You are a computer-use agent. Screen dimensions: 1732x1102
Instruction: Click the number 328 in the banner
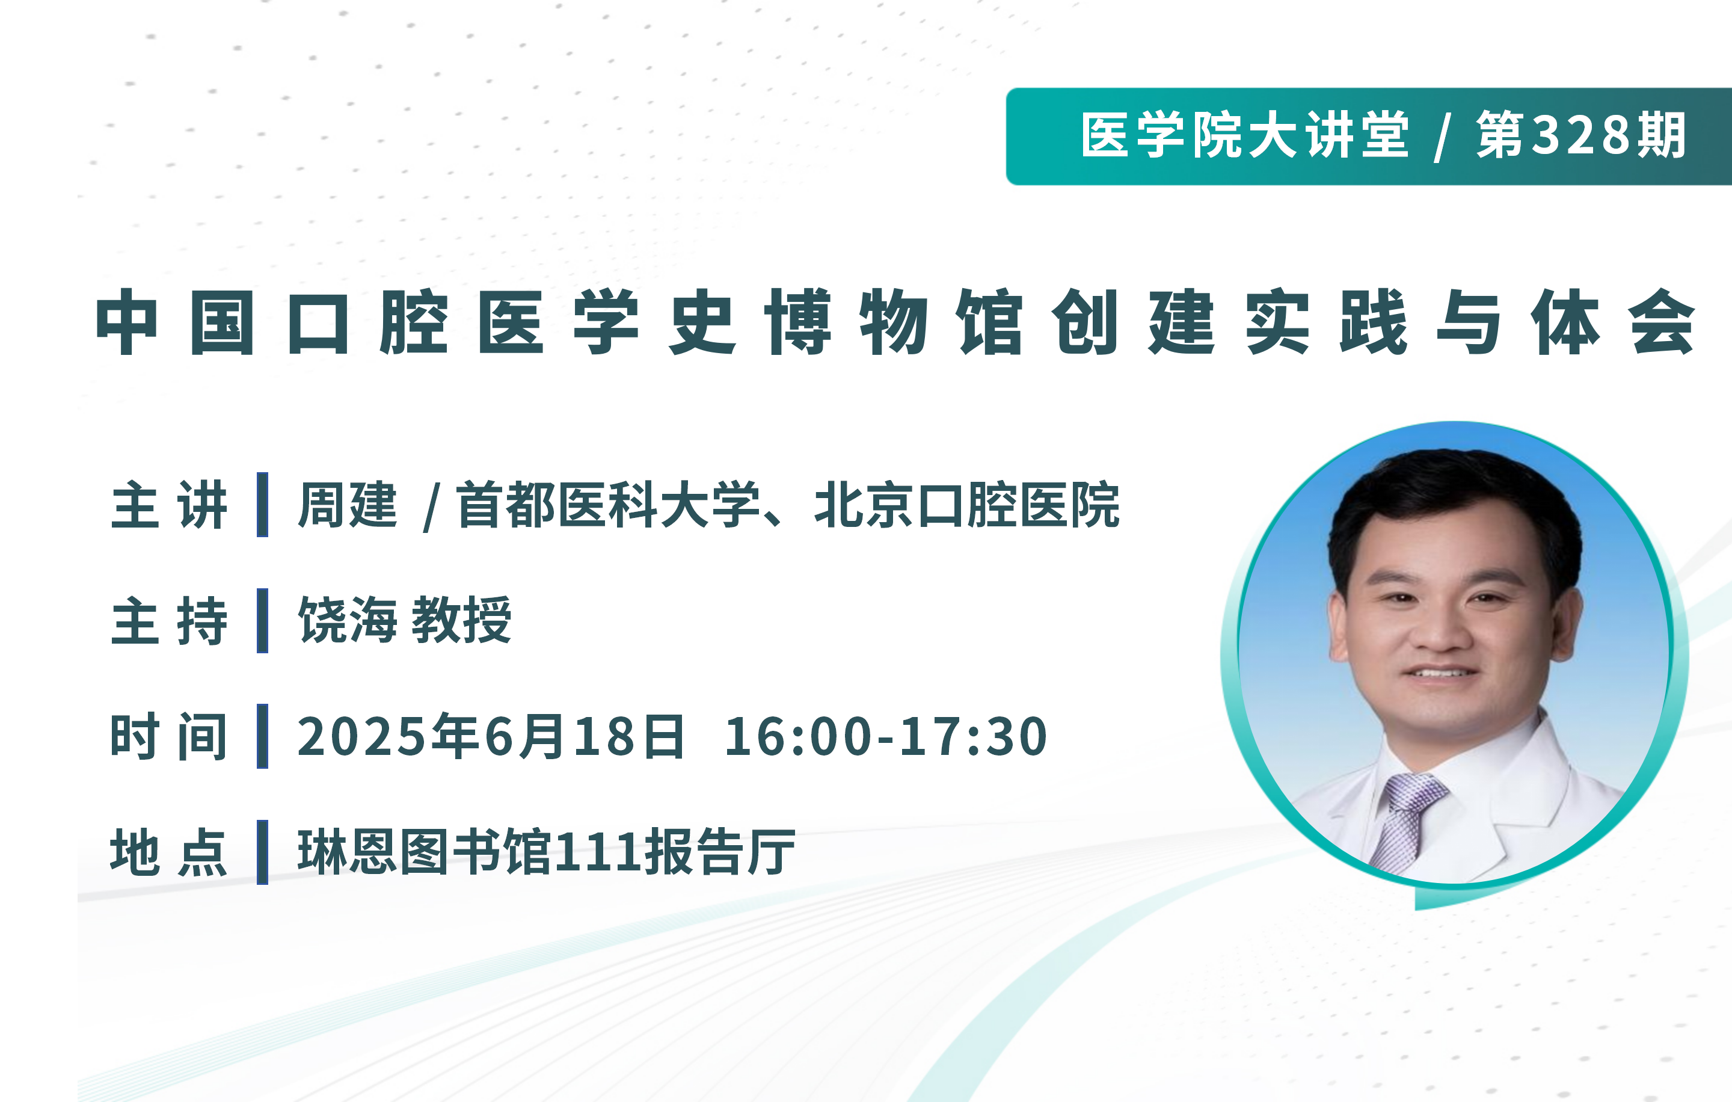1583,135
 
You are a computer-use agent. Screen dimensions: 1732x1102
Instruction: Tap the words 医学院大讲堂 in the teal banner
1245,135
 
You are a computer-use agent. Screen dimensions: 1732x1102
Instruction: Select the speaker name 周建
348,505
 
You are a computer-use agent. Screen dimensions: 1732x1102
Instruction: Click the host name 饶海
348,620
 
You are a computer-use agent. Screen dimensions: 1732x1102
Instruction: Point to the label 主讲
170,505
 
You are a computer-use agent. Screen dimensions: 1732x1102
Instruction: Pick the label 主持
170,620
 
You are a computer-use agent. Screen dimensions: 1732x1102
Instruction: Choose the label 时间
170,736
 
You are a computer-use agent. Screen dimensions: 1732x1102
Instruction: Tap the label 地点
170,852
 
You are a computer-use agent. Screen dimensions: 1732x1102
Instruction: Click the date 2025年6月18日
491,736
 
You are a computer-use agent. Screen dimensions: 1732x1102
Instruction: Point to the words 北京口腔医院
966,505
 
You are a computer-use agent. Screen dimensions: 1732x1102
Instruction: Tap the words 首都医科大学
609,505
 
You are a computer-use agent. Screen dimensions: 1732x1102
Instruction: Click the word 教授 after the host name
462,620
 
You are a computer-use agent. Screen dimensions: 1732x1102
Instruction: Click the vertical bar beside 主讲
263,505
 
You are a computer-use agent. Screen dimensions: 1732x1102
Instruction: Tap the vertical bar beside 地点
263,852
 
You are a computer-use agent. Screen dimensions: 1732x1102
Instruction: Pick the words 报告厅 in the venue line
720,852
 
